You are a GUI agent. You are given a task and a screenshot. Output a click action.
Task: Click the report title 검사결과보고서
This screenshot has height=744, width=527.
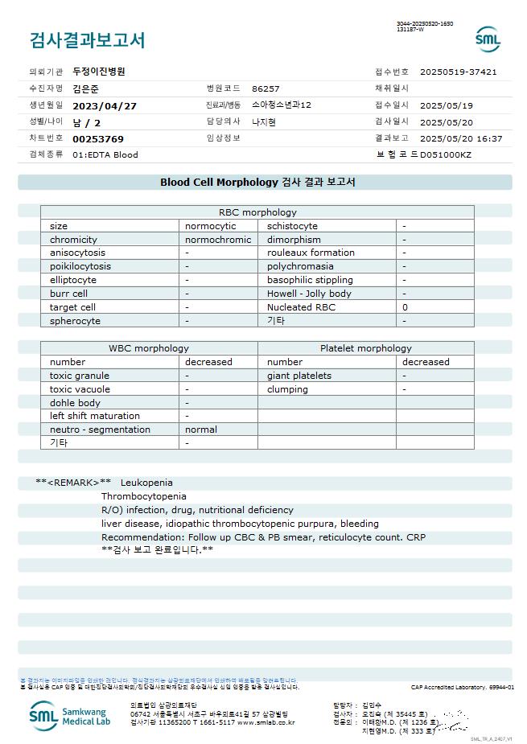87,40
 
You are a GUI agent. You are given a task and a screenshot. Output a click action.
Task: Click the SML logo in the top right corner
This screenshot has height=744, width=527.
488,39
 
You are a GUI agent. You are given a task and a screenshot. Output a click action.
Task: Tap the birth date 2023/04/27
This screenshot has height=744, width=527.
105,105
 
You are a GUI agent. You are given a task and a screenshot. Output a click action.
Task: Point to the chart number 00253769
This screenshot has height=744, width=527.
98,139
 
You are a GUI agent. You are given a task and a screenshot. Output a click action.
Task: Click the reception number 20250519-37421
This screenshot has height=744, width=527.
458,72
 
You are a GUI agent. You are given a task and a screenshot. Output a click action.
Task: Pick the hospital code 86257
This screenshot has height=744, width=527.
266,88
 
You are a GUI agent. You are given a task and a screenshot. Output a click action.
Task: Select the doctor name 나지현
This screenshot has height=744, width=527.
264,122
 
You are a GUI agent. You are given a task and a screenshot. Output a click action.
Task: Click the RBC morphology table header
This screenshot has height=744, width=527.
257,212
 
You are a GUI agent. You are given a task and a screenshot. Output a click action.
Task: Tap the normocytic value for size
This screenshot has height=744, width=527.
211,226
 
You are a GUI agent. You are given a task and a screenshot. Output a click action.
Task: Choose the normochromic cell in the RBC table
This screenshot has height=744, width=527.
218,240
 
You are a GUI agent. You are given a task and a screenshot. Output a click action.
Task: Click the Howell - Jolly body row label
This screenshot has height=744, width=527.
309,294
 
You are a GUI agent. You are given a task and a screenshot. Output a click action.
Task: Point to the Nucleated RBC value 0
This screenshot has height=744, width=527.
405,307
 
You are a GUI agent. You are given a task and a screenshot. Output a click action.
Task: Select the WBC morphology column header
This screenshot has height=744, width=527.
149,348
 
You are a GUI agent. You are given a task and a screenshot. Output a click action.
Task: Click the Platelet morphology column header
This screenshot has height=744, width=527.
365,348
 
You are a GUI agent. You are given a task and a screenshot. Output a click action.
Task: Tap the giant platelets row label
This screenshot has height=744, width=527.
299,376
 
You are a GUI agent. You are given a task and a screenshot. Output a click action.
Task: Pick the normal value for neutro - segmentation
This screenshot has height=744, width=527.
201,430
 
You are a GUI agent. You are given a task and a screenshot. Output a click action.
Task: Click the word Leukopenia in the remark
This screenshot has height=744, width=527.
146,483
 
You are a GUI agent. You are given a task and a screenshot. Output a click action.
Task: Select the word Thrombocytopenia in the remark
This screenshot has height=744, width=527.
143,496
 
